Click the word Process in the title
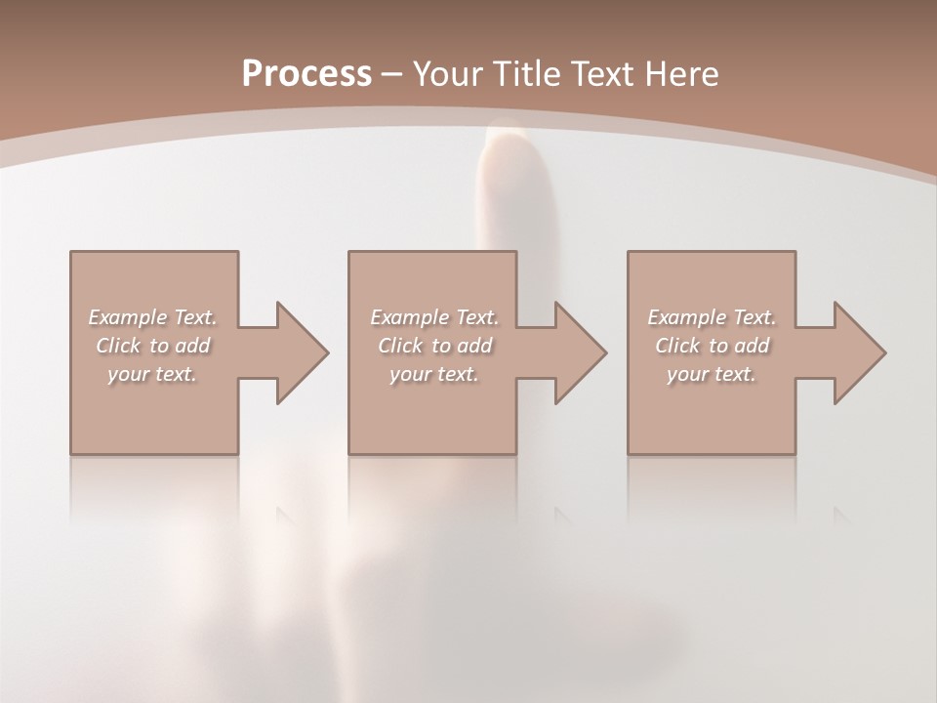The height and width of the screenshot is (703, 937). click(x=306, y=73)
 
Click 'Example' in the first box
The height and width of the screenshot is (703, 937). click(x=128, y=317)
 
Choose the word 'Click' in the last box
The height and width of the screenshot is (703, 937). click(x=677, y=346)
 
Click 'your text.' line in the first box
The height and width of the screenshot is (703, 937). click(x=152, y=374)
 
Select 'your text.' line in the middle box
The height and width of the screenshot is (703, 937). click(x=433, y=374)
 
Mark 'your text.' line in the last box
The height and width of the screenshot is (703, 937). click(x=711, y=374)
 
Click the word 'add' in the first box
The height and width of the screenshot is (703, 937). click(x=192, y=346)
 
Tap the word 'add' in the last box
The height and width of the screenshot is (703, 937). click(x=752, y=346)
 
